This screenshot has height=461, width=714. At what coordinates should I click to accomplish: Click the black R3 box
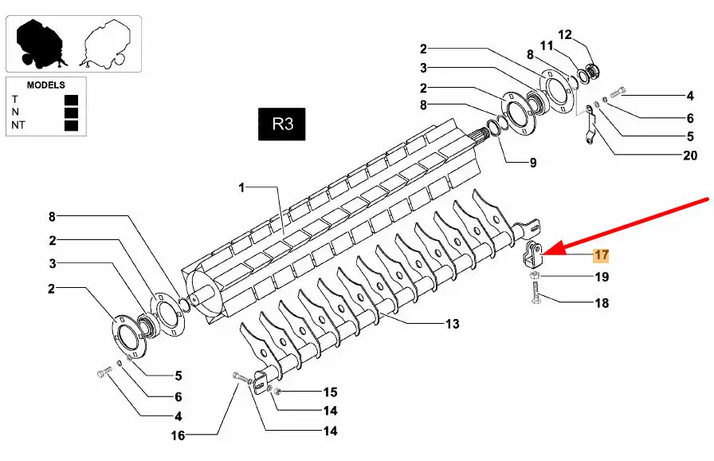point(282,124)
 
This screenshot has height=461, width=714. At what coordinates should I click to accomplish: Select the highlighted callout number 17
point(601,255)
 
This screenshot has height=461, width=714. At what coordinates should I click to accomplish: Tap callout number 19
point(602,277)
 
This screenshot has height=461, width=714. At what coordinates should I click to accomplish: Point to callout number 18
point(602,303)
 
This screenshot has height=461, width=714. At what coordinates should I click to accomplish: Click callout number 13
point(452,324)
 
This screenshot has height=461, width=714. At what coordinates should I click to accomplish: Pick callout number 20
point(690,156)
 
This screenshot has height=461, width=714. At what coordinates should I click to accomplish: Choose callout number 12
point(565,34)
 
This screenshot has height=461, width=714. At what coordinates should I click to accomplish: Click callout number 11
point(547,45)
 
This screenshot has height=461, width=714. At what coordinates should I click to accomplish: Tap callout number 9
point(533,163)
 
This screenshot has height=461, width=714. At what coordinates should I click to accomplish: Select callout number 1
point(241,187)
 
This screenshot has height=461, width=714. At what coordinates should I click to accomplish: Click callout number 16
point(178,435)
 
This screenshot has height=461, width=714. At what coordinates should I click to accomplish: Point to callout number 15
point(330,392)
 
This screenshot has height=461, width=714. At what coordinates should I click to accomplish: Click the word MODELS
point(46,85)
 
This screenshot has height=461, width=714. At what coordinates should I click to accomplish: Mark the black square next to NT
point(71,125)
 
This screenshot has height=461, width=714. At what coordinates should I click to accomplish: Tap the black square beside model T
point(71,100)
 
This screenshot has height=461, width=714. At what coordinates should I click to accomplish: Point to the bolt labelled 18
point(536,293)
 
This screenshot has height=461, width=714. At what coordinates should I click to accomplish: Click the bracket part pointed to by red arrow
point(533,255)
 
